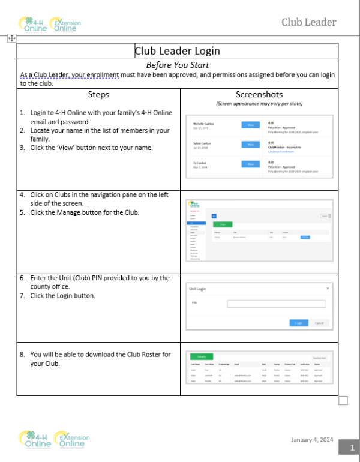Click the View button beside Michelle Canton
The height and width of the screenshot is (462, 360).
250,125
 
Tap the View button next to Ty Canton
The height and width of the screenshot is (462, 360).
250,164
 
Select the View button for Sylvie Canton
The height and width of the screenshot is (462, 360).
250,145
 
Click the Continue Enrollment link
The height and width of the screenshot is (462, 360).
280,151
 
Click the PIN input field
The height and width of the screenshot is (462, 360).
276,304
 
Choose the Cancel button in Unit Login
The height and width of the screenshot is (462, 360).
319,323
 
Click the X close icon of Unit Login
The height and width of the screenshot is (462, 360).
327,289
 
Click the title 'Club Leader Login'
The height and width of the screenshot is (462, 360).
178,51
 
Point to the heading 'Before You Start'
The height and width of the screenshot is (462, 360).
178,64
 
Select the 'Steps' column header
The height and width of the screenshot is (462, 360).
99,94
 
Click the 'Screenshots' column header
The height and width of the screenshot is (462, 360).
259,94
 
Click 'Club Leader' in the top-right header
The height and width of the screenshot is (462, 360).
309,23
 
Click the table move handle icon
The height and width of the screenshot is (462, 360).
11,38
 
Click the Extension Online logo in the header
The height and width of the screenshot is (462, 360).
65,25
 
